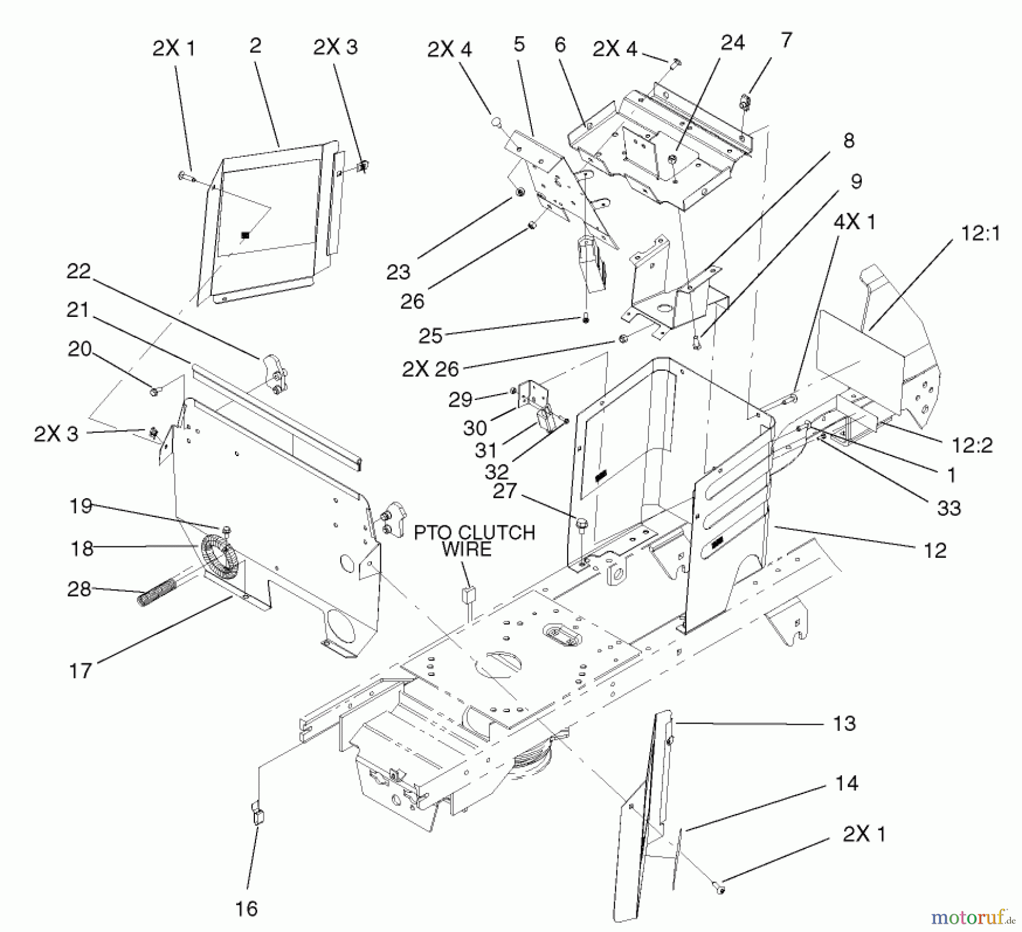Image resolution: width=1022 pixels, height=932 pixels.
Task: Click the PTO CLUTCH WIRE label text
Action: click(474, 541)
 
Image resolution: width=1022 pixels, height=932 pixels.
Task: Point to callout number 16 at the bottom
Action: click(246, 908)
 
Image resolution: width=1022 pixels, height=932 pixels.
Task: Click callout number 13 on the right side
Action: click(844, 724)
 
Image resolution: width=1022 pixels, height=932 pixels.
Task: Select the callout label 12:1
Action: click(981, 233)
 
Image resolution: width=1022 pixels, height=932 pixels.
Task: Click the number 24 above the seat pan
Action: click(732, 43)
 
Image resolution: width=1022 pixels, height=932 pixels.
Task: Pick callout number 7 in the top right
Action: click(786, 40)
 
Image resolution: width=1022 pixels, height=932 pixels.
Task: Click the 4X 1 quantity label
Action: click(854, 222)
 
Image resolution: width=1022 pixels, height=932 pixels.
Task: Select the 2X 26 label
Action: click(430, 369)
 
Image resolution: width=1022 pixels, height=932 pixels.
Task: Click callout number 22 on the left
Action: click(78, 271)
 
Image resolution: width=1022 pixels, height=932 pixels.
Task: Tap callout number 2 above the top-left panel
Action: click(255, 45)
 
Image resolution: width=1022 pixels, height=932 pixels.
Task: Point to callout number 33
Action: click(948, 507)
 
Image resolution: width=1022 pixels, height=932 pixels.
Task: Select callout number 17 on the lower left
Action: click(79, 671)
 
